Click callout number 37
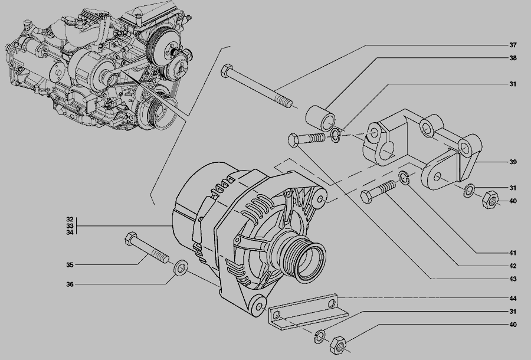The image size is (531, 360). (513, 45)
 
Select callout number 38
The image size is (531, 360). (513, 58)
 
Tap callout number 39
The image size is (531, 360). (513, 162)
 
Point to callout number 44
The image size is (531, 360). (513, 299)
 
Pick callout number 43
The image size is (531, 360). (513, 279)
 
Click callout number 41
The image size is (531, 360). (513, 253)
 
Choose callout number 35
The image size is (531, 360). (70, 265)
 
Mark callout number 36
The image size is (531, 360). (70, 284)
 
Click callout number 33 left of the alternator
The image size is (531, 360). (70, 226)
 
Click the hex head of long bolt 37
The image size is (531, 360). (226, 71)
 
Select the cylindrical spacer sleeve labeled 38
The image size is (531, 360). (320, 118)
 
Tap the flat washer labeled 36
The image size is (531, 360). (181, 268)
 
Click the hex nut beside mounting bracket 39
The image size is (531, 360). (490, 200)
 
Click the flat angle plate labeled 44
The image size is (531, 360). (307, 312)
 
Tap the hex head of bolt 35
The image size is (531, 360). (131, 239)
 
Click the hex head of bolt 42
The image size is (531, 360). (367, 197)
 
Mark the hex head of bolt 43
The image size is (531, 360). (294, 140)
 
